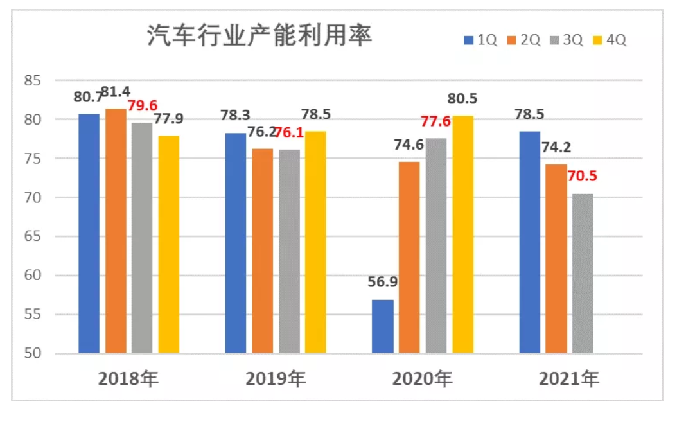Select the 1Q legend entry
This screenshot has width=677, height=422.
pos(480,40)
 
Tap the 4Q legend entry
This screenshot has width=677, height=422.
pos(610,40)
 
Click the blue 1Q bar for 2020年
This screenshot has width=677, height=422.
pos(383,326)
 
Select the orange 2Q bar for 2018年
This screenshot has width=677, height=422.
pos(116,231)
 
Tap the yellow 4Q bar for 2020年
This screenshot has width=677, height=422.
pos(462,234)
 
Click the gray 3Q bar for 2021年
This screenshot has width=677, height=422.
pos(583,274)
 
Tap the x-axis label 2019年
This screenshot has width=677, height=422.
pos(276,379)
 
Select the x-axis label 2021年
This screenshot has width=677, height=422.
pos(569,379)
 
